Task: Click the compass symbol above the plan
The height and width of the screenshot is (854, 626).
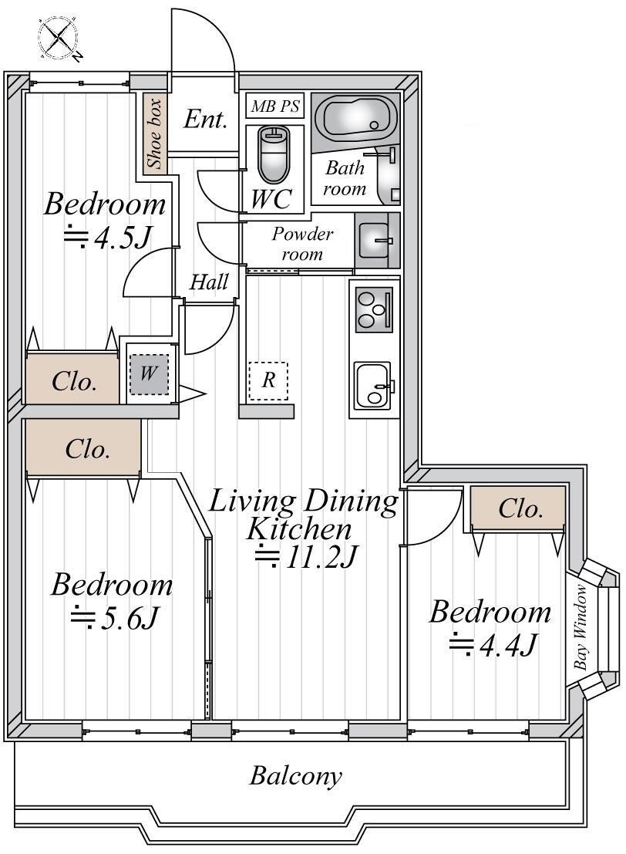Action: tap(59, 38)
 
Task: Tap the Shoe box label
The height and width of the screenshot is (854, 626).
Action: tap(155, 133)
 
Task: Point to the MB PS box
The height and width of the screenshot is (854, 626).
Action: tap(274, 106)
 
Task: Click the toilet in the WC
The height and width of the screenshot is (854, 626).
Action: tap(273, 154)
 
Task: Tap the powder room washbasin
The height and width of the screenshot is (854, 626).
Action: tap(375, 240)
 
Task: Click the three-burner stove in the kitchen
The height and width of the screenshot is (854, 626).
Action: tap(374, 309)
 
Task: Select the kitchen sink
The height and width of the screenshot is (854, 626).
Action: tap(373, 385)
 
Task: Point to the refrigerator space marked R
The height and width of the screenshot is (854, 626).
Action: tap(268, 380)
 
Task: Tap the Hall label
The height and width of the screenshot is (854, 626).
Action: tap(209, 282)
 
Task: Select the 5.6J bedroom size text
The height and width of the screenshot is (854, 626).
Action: tap(115, 618)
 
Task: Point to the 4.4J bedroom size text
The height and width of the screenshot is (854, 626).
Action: tap(492, 643)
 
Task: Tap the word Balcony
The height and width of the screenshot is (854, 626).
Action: tap(295, 775)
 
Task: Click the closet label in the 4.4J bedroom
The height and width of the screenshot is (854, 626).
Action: tap(520, 508)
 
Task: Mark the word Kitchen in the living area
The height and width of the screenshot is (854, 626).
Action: tap(299, 529)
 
